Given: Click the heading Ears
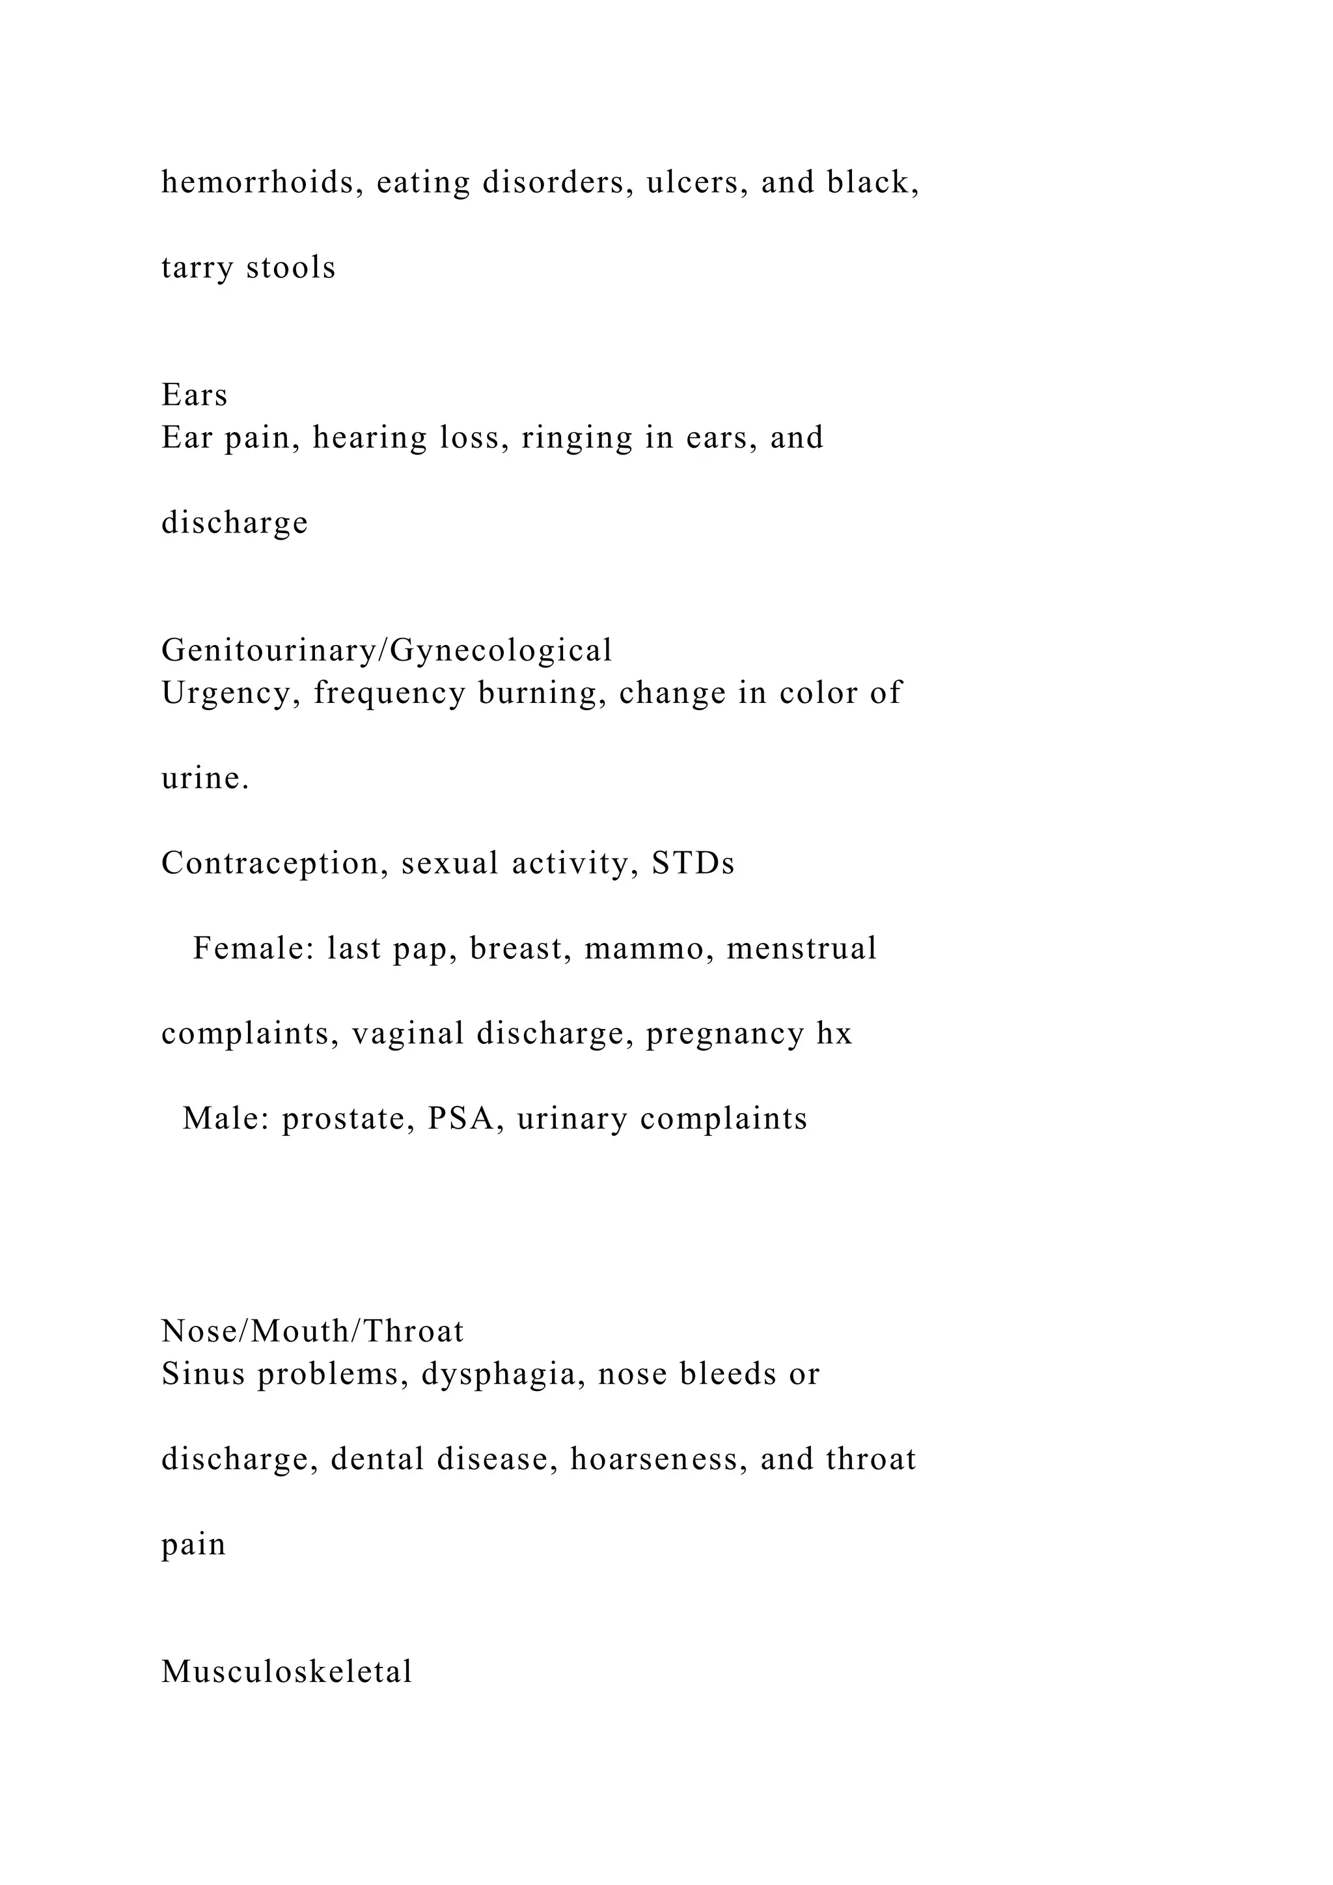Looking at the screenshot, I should (195, 396).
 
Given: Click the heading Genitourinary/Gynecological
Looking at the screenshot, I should (387, 651).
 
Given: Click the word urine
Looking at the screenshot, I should (205, 778).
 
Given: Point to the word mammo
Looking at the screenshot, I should (648, 949).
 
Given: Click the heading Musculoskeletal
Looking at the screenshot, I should (286, 1672).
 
